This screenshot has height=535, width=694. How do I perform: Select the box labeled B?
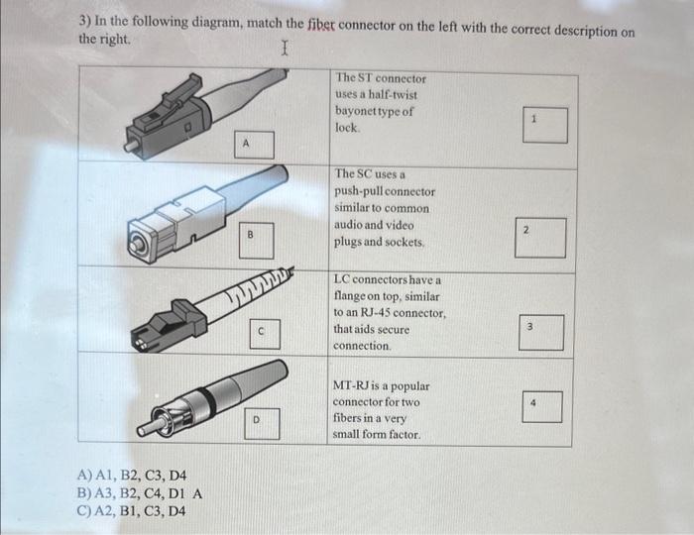click(252, 236)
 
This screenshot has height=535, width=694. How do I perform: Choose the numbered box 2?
click(540, 237)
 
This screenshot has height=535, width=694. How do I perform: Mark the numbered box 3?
click(541, 332)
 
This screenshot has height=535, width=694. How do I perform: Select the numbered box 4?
click(541, 405)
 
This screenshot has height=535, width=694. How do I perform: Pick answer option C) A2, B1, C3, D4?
click(130, 511)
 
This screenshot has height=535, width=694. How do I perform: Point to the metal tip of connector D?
click(147, 428)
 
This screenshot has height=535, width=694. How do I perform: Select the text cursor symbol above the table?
click(285, 48)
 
